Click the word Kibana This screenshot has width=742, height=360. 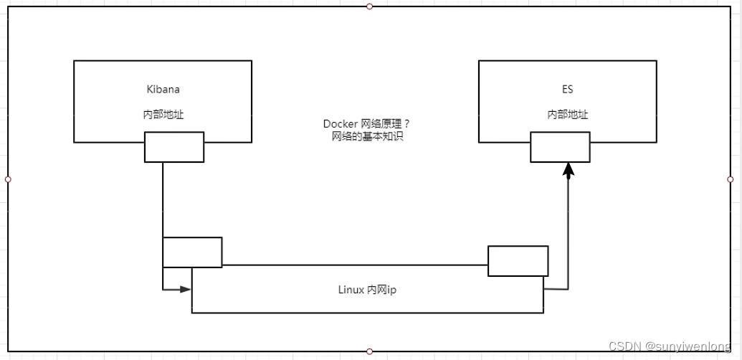tap(163, 90)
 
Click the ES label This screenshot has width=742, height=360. tap(567, 90)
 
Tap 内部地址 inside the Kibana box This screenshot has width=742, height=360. tap(163, 114)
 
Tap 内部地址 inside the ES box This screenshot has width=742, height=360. tap(568, 114)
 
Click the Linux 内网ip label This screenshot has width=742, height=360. tap(367, 290)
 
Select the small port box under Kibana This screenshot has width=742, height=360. tap(174, 147)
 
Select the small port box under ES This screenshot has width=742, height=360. tap(560, 147)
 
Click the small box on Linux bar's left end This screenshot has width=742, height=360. tap(192, 252)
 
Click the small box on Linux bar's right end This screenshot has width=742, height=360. tap(518, 260)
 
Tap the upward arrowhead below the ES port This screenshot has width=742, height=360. tap(569, 171)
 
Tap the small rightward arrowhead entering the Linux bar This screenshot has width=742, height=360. tap(186, 290)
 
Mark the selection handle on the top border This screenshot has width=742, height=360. tap(369, 6)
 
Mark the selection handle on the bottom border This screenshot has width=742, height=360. tap(369, 351)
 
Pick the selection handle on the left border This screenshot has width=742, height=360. tap(8, 179)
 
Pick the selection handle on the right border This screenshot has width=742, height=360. tap(731, 179)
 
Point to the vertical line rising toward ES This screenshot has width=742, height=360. tap(569, 229)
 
